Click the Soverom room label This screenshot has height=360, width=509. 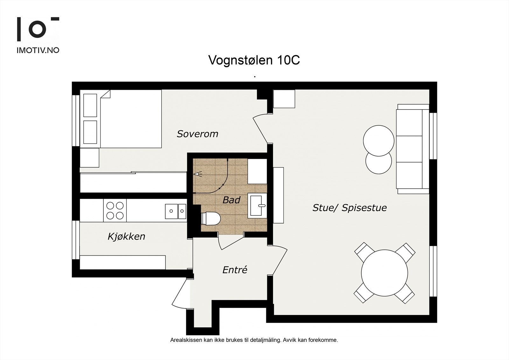tap(197, 134)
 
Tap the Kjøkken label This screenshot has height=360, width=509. tap(126, 236)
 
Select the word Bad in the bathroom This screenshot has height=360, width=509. tap(231, 200)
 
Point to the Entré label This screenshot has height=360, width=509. tap(235, 270)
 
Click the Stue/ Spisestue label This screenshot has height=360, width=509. tap(349, 208)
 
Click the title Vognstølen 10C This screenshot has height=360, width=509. tap(254, 60)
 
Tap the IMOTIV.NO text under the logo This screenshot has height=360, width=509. tap(38, 50)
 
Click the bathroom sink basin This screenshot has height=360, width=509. tap(258, 206)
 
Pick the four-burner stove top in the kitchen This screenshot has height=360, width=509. tap(115, 210)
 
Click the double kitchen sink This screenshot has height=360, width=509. tap(176, 211)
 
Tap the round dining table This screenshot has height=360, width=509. tap(384, 273)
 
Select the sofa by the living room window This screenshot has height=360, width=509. tap(412, 149)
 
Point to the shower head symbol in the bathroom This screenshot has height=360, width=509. tap(199, 174)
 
